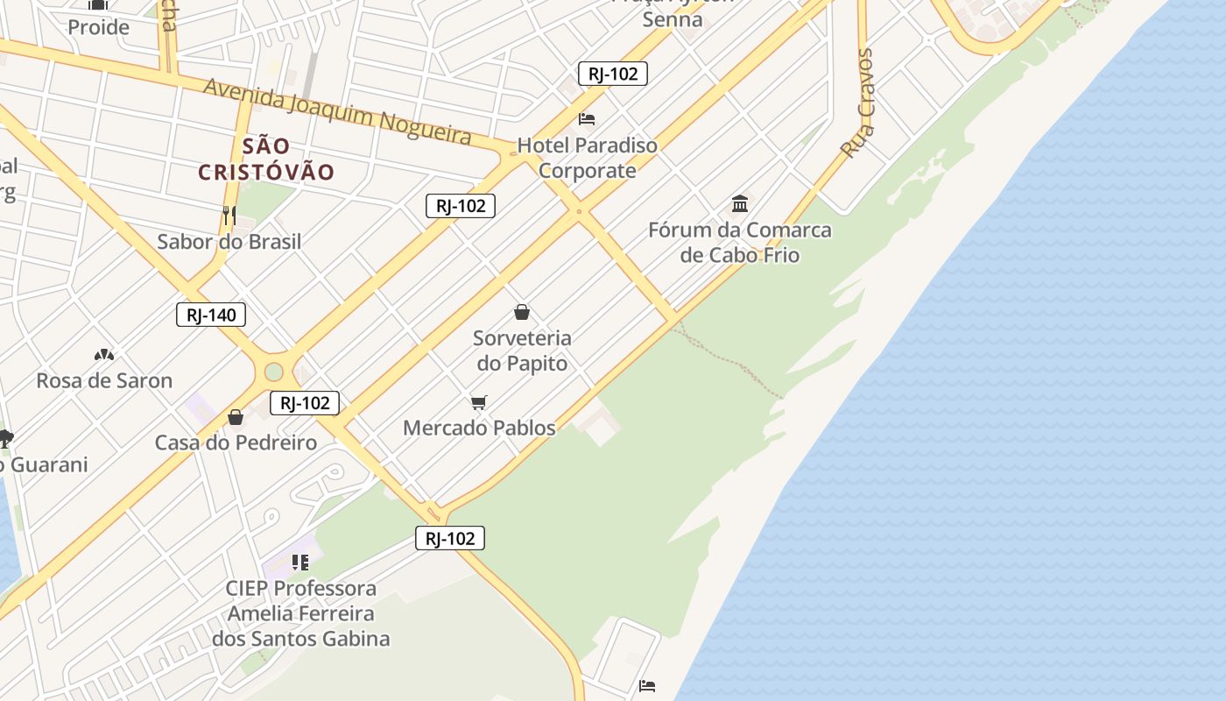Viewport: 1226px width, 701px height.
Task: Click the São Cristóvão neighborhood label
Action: tap(266, 159)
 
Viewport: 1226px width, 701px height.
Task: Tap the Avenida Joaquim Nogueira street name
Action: tap(337, 110)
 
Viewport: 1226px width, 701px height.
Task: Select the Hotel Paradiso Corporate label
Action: tap(587, 158)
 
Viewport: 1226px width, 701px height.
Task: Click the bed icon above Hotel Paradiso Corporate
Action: tap(587, 118)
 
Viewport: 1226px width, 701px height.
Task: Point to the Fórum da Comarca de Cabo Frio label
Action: tap(740, 243)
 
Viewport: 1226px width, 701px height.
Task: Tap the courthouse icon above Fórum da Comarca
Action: tap(740, 204)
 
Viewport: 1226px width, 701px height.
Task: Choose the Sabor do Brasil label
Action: tap(229, 242)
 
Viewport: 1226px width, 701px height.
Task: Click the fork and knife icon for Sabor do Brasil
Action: tap(229, 215)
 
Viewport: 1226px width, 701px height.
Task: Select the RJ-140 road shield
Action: tap(211, 315)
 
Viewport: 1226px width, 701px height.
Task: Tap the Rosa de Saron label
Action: tap(104, 380)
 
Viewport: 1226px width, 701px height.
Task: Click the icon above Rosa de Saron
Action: tap(104, 355)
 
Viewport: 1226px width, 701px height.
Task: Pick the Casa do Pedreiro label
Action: tap(236, 443)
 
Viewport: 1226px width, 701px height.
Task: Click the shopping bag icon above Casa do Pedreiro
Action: tap(235, 417)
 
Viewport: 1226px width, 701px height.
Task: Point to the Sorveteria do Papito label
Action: tap(522, 350)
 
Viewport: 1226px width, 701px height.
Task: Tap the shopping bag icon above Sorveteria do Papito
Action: tap(522, 312)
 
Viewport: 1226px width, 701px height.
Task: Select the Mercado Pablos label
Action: tap(479, 428)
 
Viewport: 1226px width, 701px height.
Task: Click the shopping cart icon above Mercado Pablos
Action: tap(478, 402)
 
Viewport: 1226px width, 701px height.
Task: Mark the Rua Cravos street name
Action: tap(857, 103)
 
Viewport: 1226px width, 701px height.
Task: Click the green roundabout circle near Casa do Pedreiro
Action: tap(274, 372)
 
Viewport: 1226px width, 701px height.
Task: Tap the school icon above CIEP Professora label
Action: tap(300, 562)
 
